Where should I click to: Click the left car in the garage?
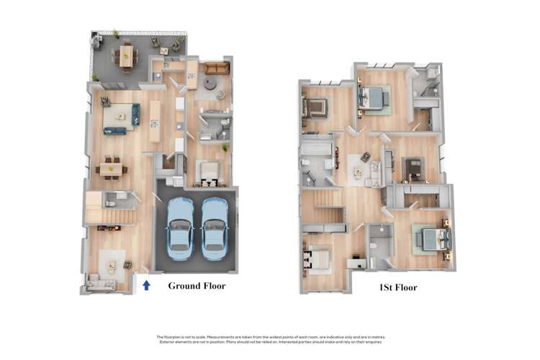(x=180, y=228)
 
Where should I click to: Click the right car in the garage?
(x=215, y=228)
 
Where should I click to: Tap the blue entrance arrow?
(x=146, y=285)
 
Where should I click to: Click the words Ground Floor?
(x=197, y=286)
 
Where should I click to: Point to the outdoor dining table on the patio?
(x=127, y=55)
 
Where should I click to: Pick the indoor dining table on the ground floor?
(x=112, y=168)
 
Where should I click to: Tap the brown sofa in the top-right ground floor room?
(x=214, y=68)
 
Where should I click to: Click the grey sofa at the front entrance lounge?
(x=100, y=284)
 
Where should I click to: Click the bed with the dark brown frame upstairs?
(x=315, y=108)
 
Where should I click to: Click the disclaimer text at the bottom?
(x=270, y=339)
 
